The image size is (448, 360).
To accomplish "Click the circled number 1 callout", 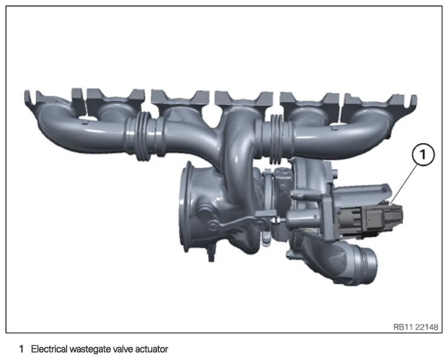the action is coord(423,155).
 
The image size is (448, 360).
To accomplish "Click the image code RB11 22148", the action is coord(416,327).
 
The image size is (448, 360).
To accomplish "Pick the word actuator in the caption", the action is coord(151,349).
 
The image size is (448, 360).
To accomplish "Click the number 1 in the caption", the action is coord(21,349).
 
